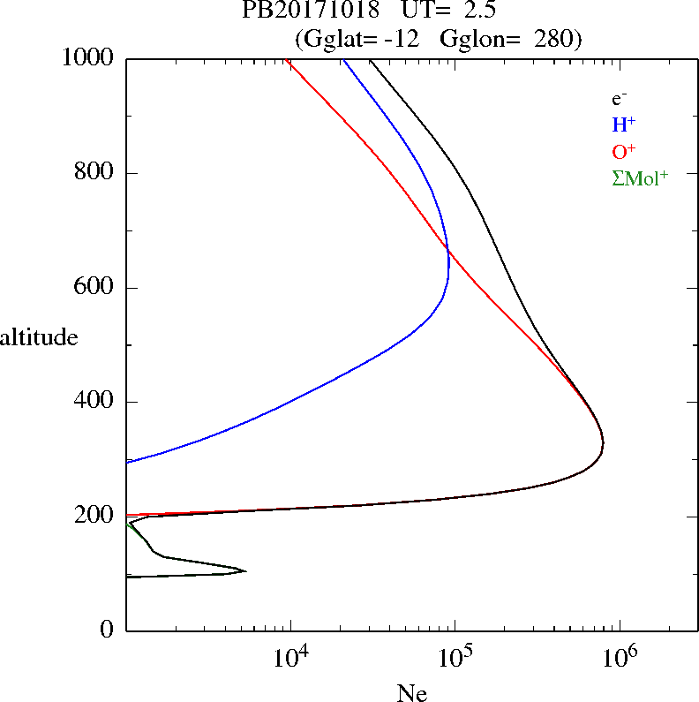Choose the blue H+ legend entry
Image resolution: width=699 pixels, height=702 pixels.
(623, 125)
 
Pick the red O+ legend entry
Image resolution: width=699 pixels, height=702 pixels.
(624, 151)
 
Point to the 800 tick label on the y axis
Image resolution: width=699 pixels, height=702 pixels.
(96, 173)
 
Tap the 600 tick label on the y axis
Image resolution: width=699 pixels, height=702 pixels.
(96, 288)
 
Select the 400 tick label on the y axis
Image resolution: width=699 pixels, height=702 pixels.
(96, 402)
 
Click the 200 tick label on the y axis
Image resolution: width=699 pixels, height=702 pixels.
(96, 517)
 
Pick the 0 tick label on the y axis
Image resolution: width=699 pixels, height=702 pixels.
(109, 630)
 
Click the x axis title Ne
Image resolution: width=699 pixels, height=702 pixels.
(412, 693)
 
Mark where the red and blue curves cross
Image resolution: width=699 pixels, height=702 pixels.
(448, 252)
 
